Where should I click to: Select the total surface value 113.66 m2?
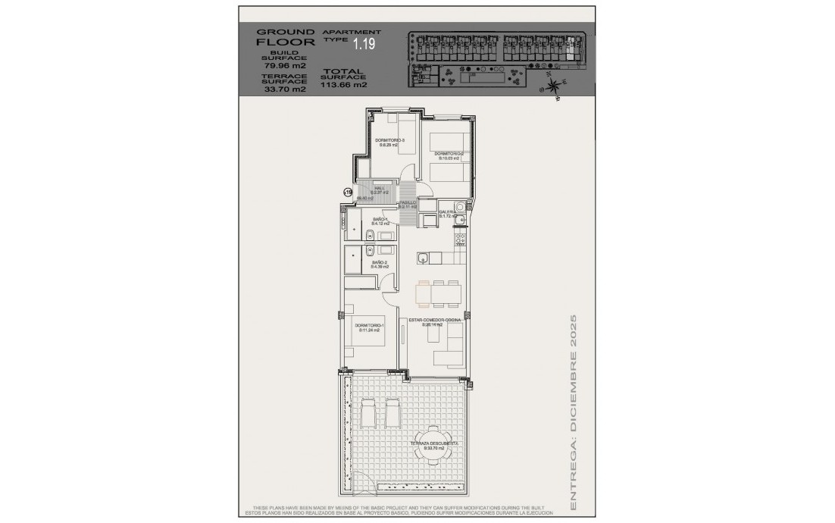tap(343, 85)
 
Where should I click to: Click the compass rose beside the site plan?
tap(555, 86)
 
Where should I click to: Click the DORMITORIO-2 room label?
tap(449, 156)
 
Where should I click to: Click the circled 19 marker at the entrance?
tap(348, 193)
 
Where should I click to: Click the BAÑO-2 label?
tap(379, 265)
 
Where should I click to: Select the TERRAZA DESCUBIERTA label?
tap(433, 445)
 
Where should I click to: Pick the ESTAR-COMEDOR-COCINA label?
tap(436, 321)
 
